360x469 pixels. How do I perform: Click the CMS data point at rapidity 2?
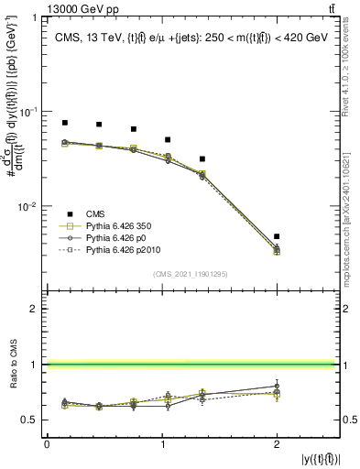[x=277, y=236]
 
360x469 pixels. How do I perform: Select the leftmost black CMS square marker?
[x=64, y=123]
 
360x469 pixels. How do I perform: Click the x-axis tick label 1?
[x=162, y=444]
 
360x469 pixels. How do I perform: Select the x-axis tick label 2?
[x=277, y=444]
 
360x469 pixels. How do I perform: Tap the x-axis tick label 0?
[x=47, y=444]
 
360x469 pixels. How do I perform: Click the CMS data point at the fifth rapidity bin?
[x=202, y=159]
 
